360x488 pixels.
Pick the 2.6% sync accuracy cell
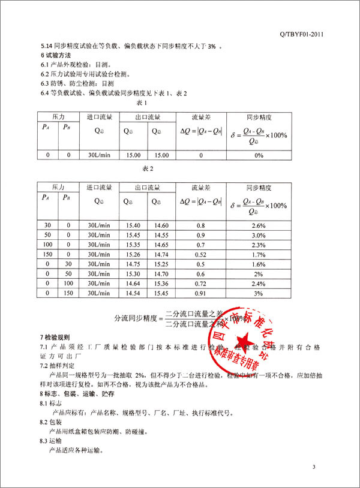259,225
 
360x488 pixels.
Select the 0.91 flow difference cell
202,293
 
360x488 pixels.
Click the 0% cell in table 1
259,155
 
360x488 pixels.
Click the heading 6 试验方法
56,55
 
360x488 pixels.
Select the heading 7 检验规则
56,338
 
